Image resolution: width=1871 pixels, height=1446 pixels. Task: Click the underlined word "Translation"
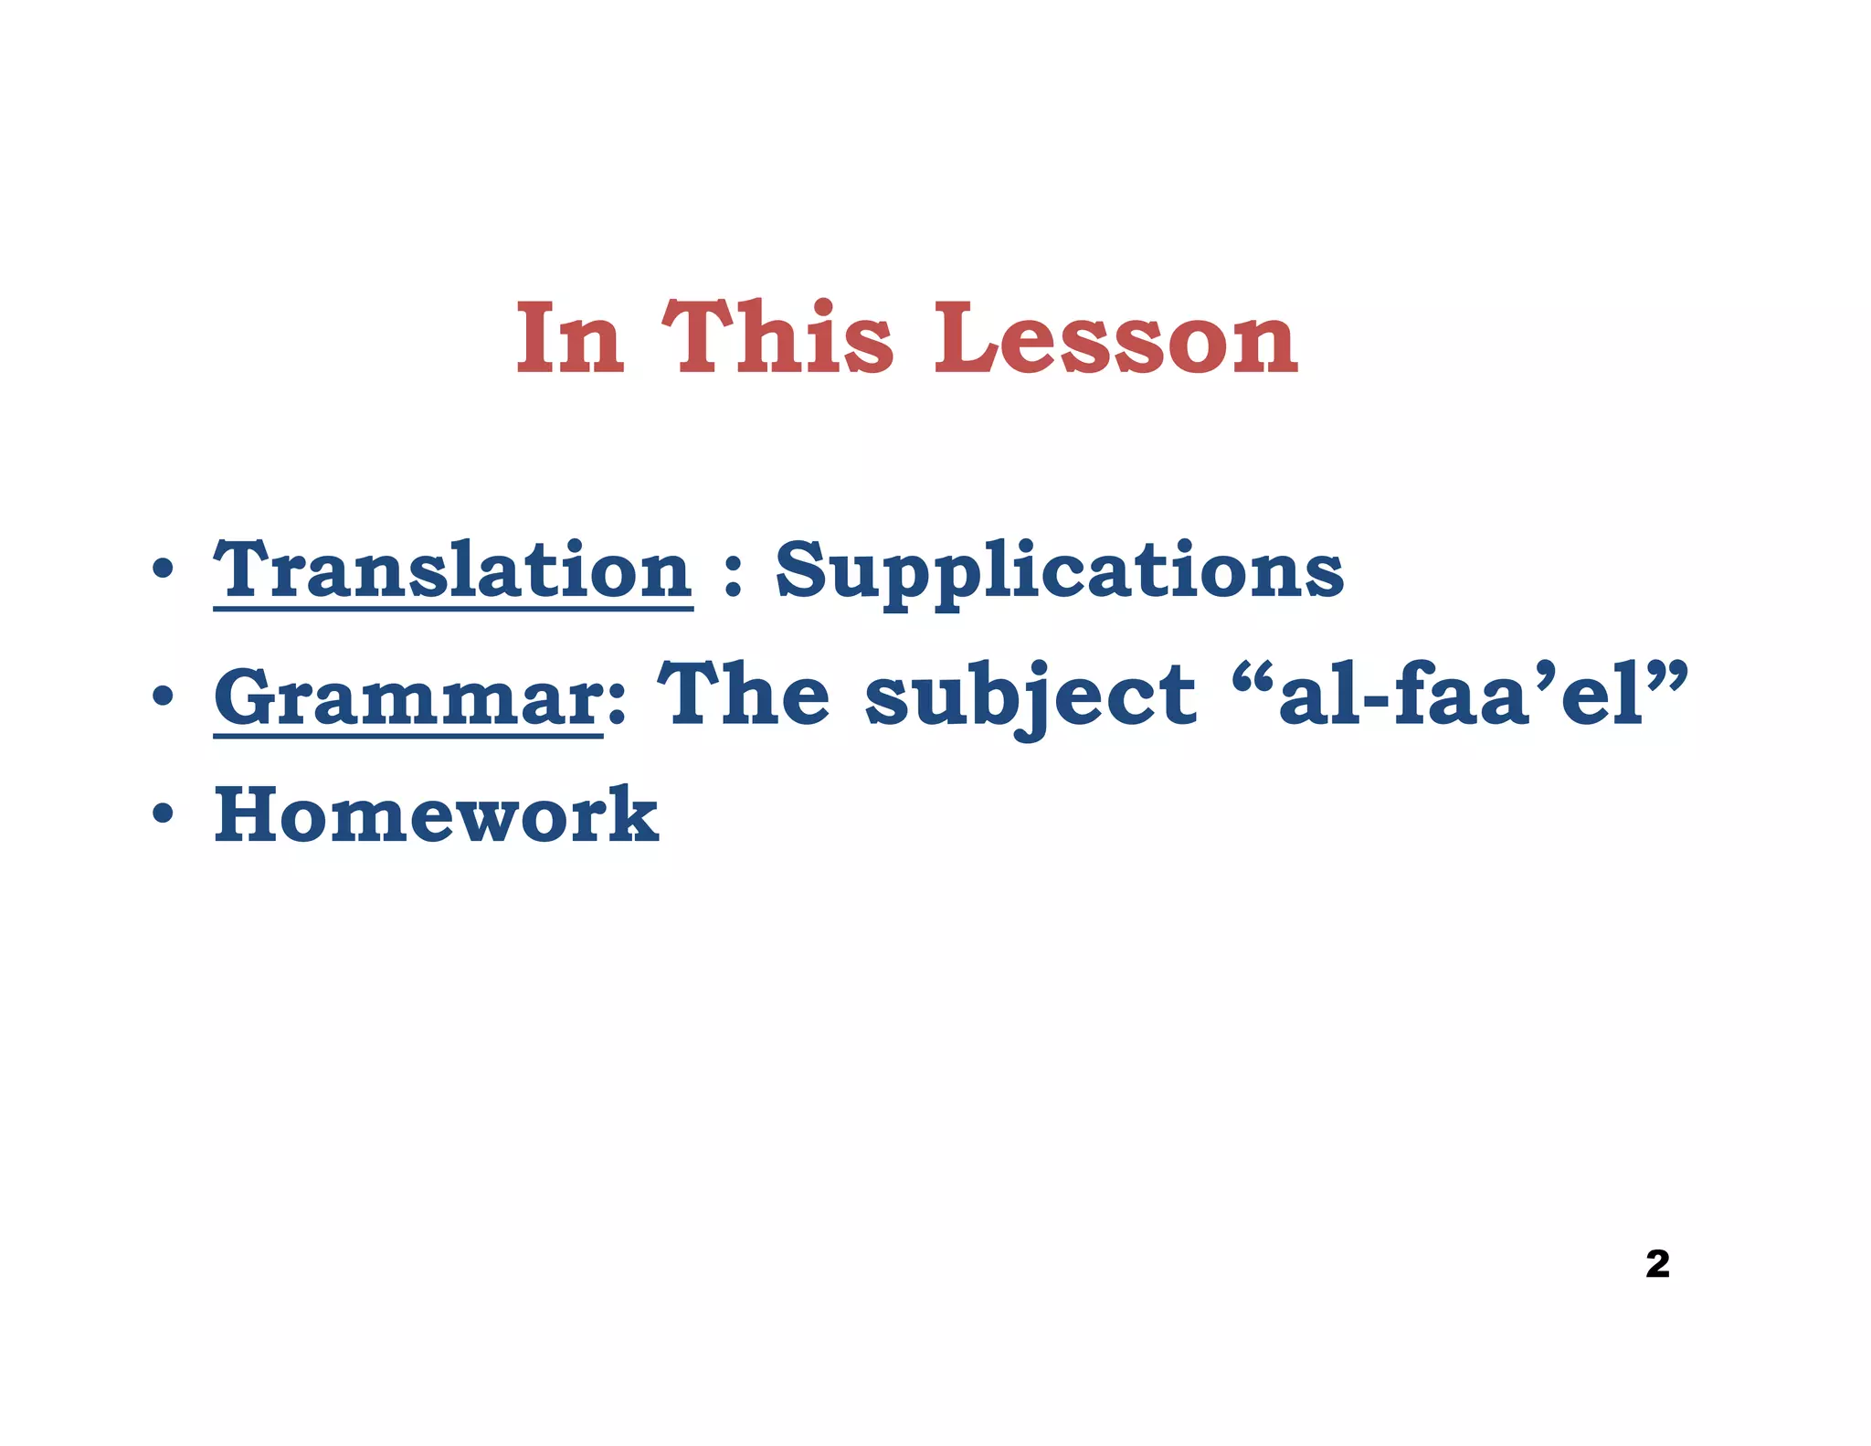(x=453, y=570)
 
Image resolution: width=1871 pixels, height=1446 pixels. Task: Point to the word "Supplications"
(x=1060, y=572)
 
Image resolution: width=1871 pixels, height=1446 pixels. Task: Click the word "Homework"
(x=437, y=815)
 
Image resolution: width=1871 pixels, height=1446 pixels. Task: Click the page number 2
(x=1657, y=1264)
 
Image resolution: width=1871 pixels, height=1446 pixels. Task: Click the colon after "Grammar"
(x=616, y=707)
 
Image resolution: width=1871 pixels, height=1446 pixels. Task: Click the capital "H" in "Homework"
(x=252, y=815)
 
